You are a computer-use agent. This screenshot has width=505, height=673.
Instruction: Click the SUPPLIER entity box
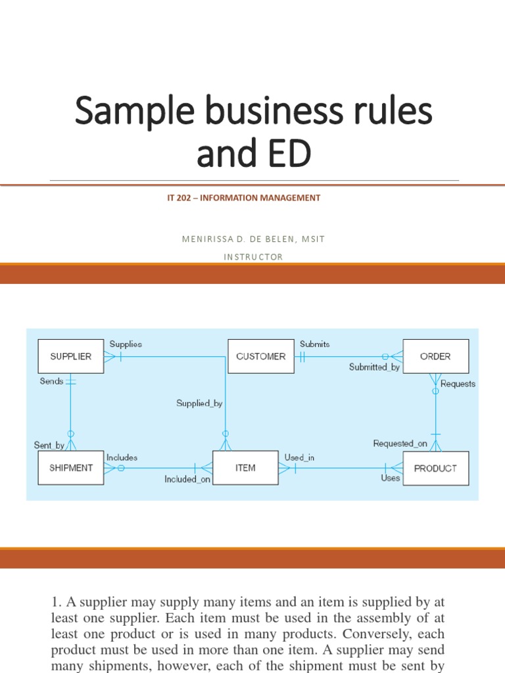click(70, 356)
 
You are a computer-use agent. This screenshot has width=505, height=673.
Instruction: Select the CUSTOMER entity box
click(260, 356)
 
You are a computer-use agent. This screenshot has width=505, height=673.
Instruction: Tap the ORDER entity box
click(435, 356)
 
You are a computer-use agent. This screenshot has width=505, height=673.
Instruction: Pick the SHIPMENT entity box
click(70, 468)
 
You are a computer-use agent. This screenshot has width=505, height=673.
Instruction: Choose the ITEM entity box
click(245, 468)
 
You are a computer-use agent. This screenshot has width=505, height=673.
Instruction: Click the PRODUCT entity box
click(435, 468)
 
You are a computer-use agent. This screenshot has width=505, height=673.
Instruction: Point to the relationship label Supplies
click(126, 344)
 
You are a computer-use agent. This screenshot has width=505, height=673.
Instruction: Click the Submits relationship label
click(315, 344)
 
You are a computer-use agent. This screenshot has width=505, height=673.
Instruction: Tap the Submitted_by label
click(374, 367)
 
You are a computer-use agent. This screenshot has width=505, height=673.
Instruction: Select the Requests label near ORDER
click(458, 384)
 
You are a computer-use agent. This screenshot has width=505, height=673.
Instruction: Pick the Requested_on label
click(400, 444)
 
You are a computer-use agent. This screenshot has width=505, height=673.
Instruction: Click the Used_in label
click(299, 457)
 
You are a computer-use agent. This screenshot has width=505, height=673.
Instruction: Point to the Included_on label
click(187, 479)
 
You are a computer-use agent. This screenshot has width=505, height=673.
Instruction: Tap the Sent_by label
click(49, 445)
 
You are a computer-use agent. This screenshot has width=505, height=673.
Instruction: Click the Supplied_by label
click(199, 404)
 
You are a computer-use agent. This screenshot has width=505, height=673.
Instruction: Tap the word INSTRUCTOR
click(253, 257)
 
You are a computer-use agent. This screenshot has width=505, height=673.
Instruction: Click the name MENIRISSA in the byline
click(206, 239)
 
